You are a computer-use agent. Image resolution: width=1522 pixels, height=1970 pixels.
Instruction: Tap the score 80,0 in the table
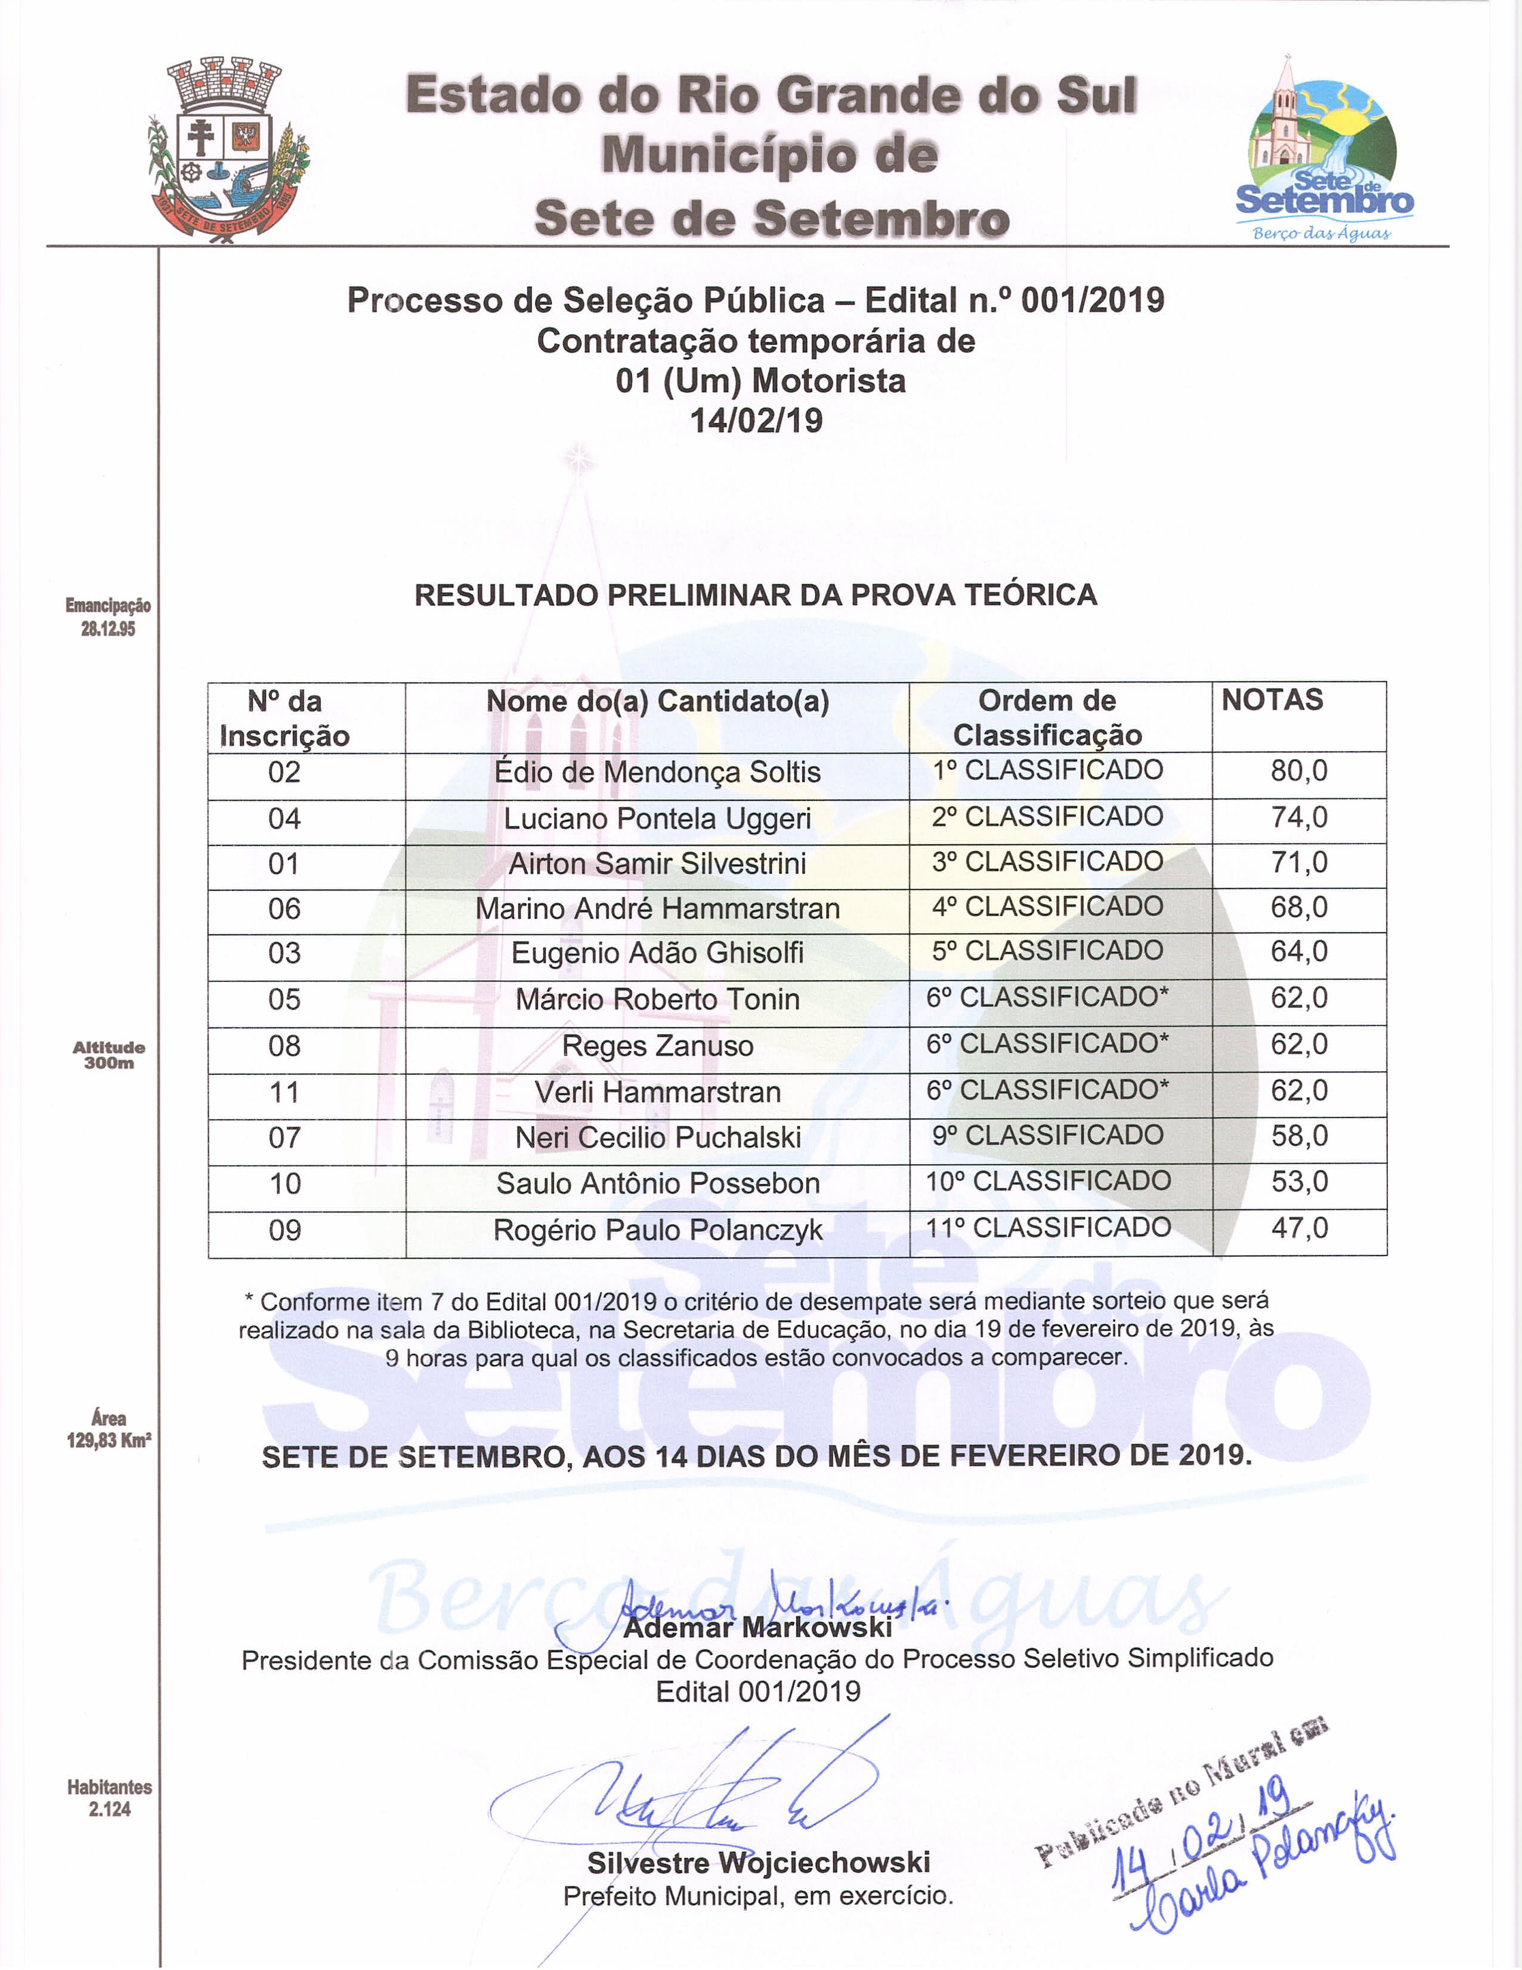(x=1299, y=771)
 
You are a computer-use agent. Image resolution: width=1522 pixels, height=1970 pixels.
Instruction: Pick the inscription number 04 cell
(x=284, y=819)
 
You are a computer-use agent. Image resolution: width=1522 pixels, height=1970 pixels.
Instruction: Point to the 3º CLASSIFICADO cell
(x=1047, y=862)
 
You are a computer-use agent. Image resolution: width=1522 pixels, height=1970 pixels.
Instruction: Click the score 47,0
(x=1299, y=1228)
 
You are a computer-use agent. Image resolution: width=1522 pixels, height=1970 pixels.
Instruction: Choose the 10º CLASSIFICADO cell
(x=1047, y=1182)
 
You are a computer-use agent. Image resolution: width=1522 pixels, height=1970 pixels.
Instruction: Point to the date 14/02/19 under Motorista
(x=756, y=421)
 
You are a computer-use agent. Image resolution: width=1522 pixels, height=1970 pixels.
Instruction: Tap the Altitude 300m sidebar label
(x=109, y=1054)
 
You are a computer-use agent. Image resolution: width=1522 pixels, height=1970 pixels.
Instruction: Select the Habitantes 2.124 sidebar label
(x=109, y=1798)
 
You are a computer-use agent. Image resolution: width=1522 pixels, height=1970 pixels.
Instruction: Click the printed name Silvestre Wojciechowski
(x=758, y=1863)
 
